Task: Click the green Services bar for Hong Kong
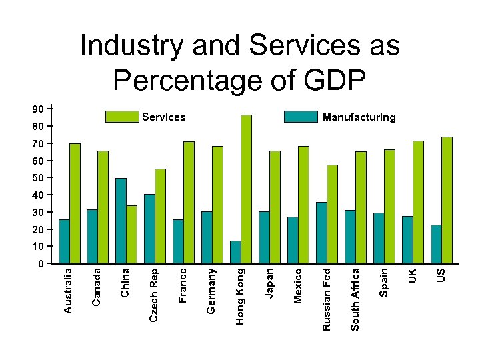[246, 189]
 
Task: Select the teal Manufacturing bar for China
[121, 221]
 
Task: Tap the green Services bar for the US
[447, 200]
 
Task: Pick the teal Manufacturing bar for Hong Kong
[235, 252]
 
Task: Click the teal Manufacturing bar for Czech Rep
[149, 229]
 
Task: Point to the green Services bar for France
[189, 202]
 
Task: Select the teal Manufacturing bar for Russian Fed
[321, 233]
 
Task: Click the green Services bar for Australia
[75, 203]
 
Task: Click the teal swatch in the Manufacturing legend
[301, 117]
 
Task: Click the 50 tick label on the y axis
[39, 178]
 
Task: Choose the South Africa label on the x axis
[355, 299]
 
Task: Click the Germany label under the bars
[211, 291]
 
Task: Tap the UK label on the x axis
[413, 275]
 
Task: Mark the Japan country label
[269, 283]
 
